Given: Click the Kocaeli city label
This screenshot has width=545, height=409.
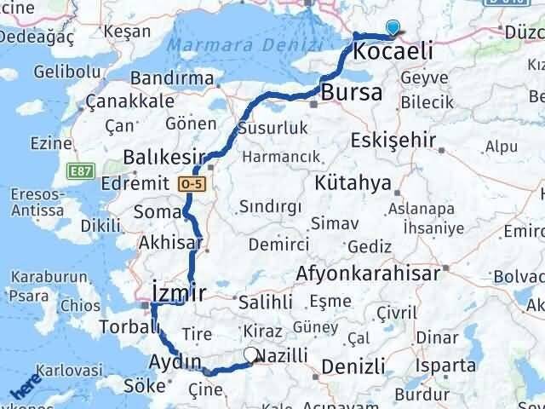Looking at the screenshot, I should (x=393, y=51).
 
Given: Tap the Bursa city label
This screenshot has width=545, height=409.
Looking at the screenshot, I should (x=351, y=93).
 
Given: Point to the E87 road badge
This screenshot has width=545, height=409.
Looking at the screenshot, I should (x=81, y=172).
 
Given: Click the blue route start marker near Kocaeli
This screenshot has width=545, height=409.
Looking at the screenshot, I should (x=392, y=28).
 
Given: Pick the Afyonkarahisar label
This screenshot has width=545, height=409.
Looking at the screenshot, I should (x=368, y=274).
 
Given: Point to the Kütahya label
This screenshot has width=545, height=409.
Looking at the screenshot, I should (x=353, y=182).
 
